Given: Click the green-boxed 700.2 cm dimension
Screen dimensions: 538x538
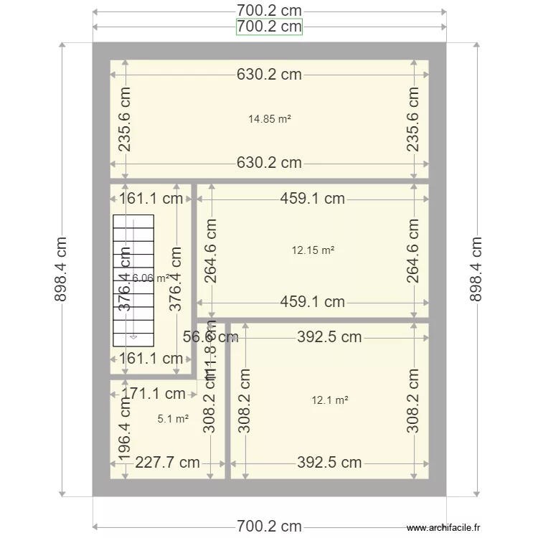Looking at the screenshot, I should [269, 27].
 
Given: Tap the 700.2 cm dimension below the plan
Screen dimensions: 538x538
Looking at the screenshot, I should [269, 527].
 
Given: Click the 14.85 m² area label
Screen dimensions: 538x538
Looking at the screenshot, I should [269, 120].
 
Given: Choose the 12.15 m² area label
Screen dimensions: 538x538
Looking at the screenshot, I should [313, 250].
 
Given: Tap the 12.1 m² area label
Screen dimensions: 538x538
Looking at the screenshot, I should [329, 400].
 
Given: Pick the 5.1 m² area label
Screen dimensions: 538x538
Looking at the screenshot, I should [173, 418].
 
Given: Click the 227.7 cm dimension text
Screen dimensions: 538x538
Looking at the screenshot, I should [167, 463].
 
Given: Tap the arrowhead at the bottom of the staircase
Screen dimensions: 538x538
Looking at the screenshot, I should [133, 335].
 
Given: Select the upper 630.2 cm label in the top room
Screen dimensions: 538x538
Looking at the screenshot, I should [269, 74].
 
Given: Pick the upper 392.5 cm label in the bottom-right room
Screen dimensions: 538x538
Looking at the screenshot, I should [329, 337].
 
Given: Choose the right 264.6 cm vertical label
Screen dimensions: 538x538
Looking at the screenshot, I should [413, 250].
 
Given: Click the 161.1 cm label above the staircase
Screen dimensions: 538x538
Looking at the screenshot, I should [151, 199].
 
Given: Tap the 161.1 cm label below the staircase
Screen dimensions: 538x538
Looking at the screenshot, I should [151, 358].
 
